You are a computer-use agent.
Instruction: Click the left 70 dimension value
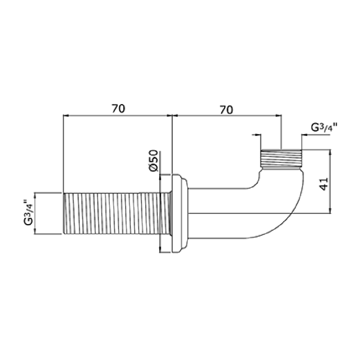(x=118, y=109)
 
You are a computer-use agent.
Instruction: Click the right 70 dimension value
(x=226, y=110)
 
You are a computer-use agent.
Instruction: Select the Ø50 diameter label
(x=153, y=160)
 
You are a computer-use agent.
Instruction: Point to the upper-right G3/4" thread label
(x=324, y=128)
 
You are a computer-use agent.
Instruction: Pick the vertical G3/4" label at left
(x=28, y=213)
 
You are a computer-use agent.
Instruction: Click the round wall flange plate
(x=179, y=213)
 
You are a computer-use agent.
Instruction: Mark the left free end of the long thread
(x=64, y=214)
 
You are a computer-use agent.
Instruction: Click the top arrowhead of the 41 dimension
(x=330, y=152)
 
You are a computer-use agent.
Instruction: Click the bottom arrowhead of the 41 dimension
(x=330, y=211)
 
